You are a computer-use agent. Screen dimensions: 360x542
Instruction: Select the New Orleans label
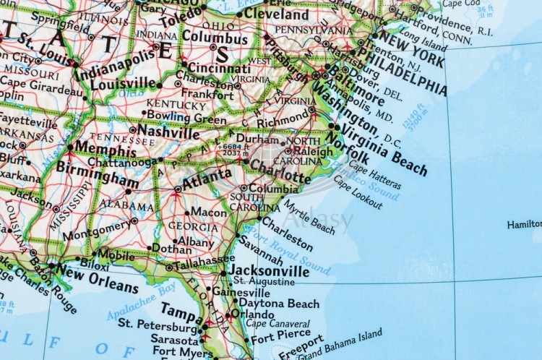(97, 278)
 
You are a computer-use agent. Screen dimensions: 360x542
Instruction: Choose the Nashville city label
(168, 132)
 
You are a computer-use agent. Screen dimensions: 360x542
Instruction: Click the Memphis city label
(106, 151)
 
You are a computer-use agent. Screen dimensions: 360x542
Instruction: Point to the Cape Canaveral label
(278, 323)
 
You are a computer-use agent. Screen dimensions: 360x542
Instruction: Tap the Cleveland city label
(276, 14)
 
